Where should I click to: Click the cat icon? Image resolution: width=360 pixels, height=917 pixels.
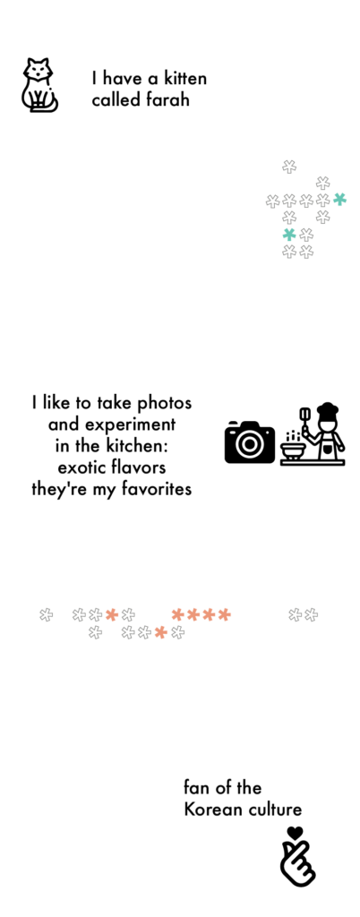pyautogui.click(x=39, y=85)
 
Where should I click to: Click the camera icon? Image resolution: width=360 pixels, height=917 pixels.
pyautogui.click(x=250, y=441)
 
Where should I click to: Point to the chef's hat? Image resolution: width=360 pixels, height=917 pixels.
pyautogui.click(x=327, y=408)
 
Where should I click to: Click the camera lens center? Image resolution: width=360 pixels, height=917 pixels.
pyautogui.click(x=250, y=444)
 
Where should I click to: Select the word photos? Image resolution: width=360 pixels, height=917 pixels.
pyautogui.click(x=164, y=403)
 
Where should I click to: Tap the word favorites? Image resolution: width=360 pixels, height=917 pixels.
pyautogui.click(x=156, y=489)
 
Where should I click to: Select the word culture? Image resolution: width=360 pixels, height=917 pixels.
pyautogui.click(x=274, y=810)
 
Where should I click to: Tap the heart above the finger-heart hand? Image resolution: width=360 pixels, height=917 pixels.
pyautogui.click(x=296, y=832)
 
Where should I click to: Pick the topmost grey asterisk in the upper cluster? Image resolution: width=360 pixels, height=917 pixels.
pyautogui.click(x=289, y=167)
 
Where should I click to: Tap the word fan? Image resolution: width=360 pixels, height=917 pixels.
pyautogui.click(x=196, y=788)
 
